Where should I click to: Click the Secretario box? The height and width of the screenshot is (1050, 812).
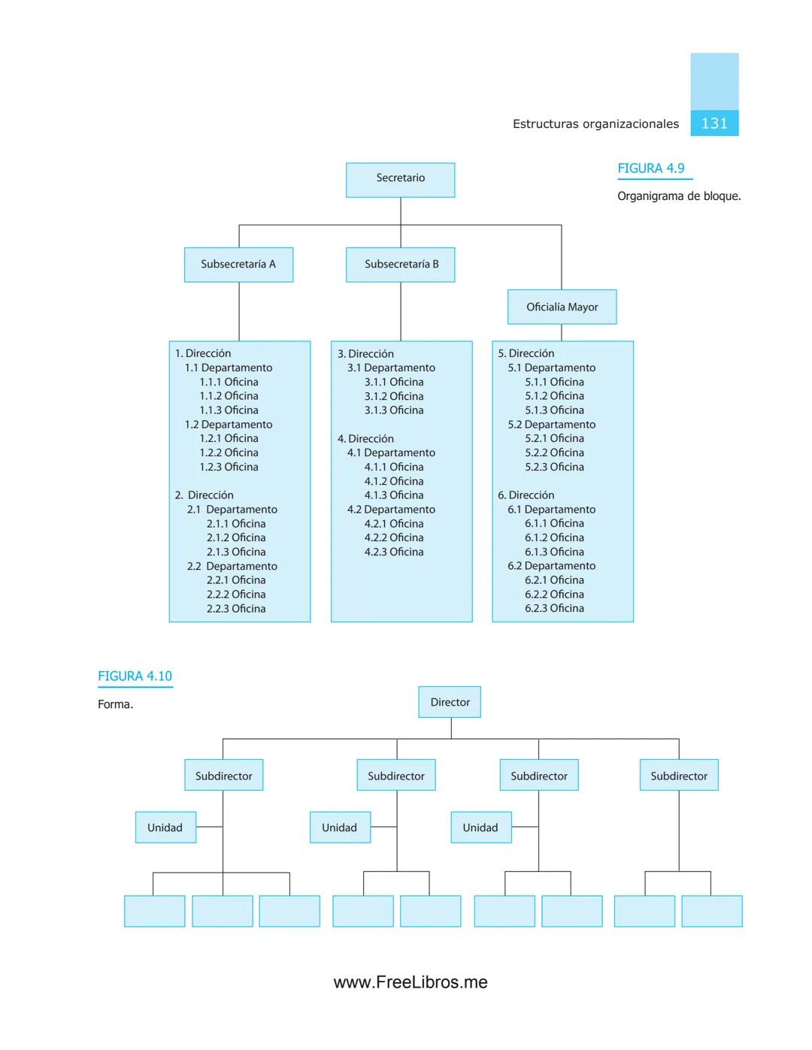[x=400, y=180]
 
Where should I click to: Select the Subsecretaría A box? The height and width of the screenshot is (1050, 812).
[x=238, y=265]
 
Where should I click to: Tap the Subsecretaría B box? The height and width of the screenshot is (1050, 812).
[x=400, y=265]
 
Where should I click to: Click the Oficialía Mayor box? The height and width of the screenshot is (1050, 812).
[x=562, y=307]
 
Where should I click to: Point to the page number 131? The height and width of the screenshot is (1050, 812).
[x=714, y=123]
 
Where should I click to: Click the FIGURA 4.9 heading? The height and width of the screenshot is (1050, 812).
[x=651, y=168]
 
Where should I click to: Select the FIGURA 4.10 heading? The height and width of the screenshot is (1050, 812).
[x=135, y=676]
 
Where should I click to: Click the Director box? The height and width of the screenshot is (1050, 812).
[x=450, y=702]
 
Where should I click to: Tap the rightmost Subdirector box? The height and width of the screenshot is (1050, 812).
[x=679, y=776]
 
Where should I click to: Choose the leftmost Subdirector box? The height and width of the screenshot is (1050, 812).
[x=223, y=776]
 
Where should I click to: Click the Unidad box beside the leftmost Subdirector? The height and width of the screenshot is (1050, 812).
[x=165, y=828]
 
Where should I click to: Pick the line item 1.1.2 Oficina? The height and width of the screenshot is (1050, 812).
[x=229, y=396]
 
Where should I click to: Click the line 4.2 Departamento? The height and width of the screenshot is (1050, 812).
[x=391, y=510]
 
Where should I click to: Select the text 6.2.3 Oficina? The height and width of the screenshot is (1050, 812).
[x=554, y=609]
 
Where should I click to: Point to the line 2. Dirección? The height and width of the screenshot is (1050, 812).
[x=205, y=495]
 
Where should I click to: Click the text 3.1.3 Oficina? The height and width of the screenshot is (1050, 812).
[x=394, y=410]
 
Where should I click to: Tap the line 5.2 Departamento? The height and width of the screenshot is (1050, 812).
[x=551, y=425]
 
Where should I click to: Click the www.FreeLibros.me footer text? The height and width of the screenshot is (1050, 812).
[x=411, y=982]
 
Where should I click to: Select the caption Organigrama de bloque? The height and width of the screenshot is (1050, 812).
[x=679, y=196]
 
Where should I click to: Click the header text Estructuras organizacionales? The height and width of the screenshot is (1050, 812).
[x=595, y=124]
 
